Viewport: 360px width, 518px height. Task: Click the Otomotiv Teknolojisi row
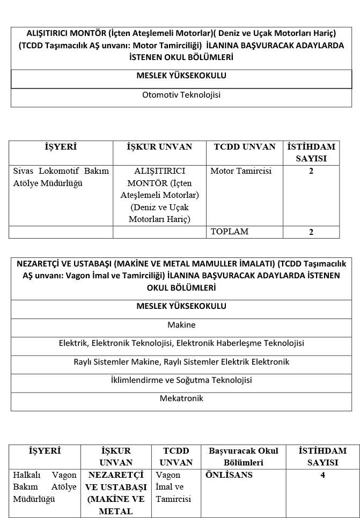coord(181,95)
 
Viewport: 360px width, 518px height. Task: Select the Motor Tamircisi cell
coord(241,172)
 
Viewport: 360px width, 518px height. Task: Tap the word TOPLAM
coord(230,232)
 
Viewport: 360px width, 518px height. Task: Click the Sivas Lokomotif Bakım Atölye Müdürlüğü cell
coord(61,177)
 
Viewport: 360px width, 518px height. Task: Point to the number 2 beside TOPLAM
coord(311,232)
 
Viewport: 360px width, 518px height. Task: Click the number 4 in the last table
coord(322,475)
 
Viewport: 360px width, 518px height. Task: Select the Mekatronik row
coord(181,398)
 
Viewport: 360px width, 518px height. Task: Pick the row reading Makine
coord(181,325)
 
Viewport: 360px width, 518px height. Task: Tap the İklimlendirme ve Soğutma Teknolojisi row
coord(181,380)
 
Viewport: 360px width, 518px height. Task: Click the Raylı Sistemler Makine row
coord(181,362)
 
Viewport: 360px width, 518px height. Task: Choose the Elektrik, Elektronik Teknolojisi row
coord(181,343)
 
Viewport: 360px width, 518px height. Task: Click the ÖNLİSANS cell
coord(229,475)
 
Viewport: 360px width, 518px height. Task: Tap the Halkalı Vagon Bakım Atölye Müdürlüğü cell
coord(46,487)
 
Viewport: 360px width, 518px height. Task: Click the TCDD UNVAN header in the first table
coord(245,147)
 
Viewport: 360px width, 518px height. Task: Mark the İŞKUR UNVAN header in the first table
coord(159,147)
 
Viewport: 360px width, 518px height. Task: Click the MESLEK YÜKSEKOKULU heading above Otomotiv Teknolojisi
coord(181,76)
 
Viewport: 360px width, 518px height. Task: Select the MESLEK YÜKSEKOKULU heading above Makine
coord(181,306)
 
